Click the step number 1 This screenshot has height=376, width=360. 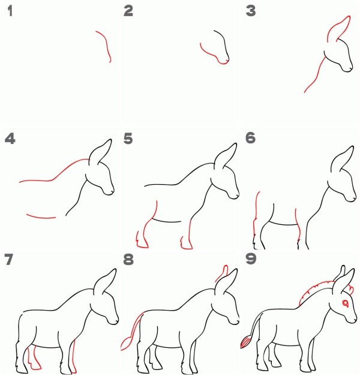click(x=10, y=11)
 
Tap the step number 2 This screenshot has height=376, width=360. click(x=128, y=11)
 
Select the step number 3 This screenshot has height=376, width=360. click(x=251, y=11)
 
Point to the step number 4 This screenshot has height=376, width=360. click(x=10, y=139)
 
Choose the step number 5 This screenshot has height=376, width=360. click(x=128, y=139)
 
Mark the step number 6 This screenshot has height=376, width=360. click(x=251, y=138)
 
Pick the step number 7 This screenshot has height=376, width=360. click(x=9, y=260)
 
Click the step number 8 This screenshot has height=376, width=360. click(x=128, y=260)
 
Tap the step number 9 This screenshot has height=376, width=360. click(x=251, y=259)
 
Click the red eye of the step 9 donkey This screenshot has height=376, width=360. click(x=346, y=303)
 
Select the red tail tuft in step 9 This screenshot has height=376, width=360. click(x=245, y=342)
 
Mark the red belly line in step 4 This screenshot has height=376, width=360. click(x=41, y=217)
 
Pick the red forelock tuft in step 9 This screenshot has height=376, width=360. click(x=350, y=289)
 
